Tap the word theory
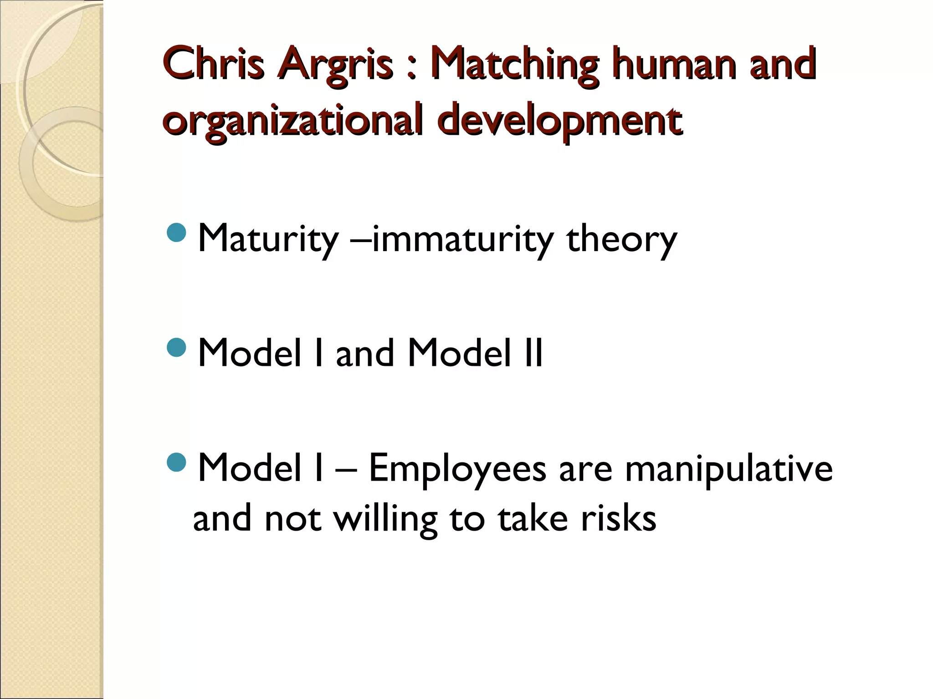[621, 240]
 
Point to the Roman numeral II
[533, 354]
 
